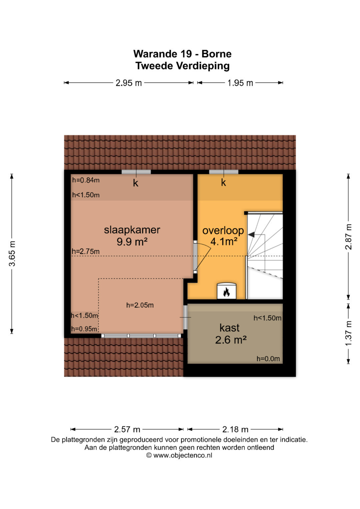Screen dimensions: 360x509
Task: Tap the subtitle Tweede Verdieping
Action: coord(183,66)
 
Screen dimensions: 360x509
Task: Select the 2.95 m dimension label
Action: coord(129,83)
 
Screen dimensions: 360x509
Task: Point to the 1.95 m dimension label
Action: coord(240,83)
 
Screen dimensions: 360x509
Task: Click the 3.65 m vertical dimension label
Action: coord(12,253)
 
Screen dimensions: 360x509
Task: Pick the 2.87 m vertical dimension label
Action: coord(348,237)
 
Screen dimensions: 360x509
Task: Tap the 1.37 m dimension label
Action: coord(348,333)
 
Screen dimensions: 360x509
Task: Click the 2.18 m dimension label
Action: coord(235,429)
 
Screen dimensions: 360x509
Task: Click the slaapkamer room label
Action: coord(132,230)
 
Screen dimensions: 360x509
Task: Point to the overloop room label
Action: coord(223,231)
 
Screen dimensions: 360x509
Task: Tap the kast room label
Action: coord(229,328)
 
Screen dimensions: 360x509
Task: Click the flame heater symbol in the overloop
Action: coord(226,292)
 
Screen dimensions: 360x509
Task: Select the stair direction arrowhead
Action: coord(251,235)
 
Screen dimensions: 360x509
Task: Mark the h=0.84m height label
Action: coord(86,180)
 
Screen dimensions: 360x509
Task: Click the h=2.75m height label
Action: coord(86,252)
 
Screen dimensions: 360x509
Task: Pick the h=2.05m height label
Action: coord(140,305)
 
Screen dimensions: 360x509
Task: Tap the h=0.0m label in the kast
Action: coord(268,359)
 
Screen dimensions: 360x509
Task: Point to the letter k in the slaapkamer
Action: coord(135,183)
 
